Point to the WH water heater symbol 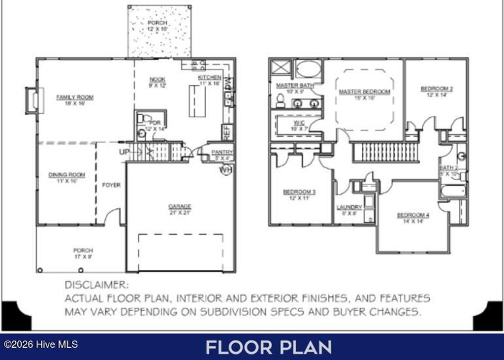pos(225,170)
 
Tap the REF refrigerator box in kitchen pos(228,132)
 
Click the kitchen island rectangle pos(197,100)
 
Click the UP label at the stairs pos(124,152)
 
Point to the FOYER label pos(111,185)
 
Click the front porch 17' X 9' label pos(83,253)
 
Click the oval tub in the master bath pos(308,69)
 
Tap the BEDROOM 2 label pos(437,92)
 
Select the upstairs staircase pos(385,152)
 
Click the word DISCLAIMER pos(96,285)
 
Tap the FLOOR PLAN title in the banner pos(268,347)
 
